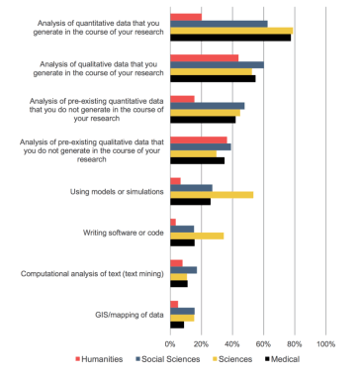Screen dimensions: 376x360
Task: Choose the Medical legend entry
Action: [284, 358]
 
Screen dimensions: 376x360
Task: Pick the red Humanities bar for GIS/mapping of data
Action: [174, 305]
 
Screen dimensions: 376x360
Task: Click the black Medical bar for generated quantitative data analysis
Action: [229, 37]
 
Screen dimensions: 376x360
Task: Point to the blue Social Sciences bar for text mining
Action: [183, 269]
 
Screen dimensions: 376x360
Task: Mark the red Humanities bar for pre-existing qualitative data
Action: [198, 140]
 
